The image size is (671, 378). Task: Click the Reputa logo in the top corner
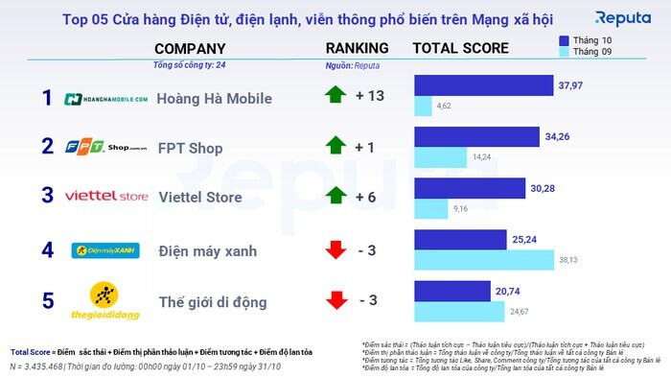(623, 18)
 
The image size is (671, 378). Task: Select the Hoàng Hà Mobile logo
(106, 98)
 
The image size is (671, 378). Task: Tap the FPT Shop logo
(105, 147)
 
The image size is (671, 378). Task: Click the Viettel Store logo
(106, 197)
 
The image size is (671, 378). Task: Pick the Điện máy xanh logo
(106, 250)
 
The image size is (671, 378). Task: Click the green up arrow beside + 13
(335, 95)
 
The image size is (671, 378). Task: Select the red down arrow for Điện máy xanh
(335, 250)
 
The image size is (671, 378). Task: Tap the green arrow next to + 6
(335, 196)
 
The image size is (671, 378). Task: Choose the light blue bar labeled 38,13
(484, 259)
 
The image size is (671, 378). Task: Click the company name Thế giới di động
(211, 302)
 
